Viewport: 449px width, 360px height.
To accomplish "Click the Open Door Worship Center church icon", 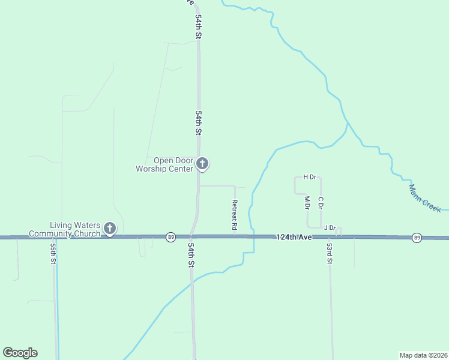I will point(203,163).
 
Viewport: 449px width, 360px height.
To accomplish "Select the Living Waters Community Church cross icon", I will point(109,227).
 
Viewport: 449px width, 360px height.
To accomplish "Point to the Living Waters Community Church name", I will point(65,229).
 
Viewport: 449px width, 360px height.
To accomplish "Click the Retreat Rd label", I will point(235,215).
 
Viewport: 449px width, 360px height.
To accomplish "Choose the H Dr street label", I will point(309,177).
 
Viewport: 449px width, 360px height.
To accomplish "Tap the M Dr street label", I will point(307,203).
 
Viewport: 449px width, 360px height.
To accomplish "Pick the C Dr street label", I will point(321,203).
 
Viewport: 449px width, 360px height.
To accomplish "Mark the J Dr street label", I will point(330,227).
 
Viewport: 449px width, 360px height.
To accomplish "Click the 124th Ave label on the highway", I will point(294,238).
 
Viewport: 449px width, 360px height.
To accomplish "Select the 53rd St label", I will point(330,254).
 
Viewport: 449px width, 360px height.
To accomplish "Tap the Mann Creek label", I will point(424,197).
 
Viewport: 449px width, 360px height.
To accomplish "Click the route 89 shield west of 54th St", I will point(171,237).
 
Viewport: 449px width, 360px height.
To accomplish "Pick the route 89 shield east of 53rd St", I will point(417,238).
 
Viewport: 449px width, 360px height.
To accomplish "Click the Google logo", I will point(20,353).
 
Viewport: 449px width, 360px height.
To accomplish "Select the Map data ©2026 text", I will point(423,355).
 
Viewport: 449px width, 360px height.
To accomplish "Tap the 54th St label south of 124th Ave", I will point(191,255).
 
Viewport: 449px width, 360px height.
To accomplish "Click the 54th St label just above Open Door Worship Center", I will point(197,122).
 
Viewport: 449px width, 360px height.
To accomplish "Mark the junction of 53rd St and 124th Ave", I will point(330,238).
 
